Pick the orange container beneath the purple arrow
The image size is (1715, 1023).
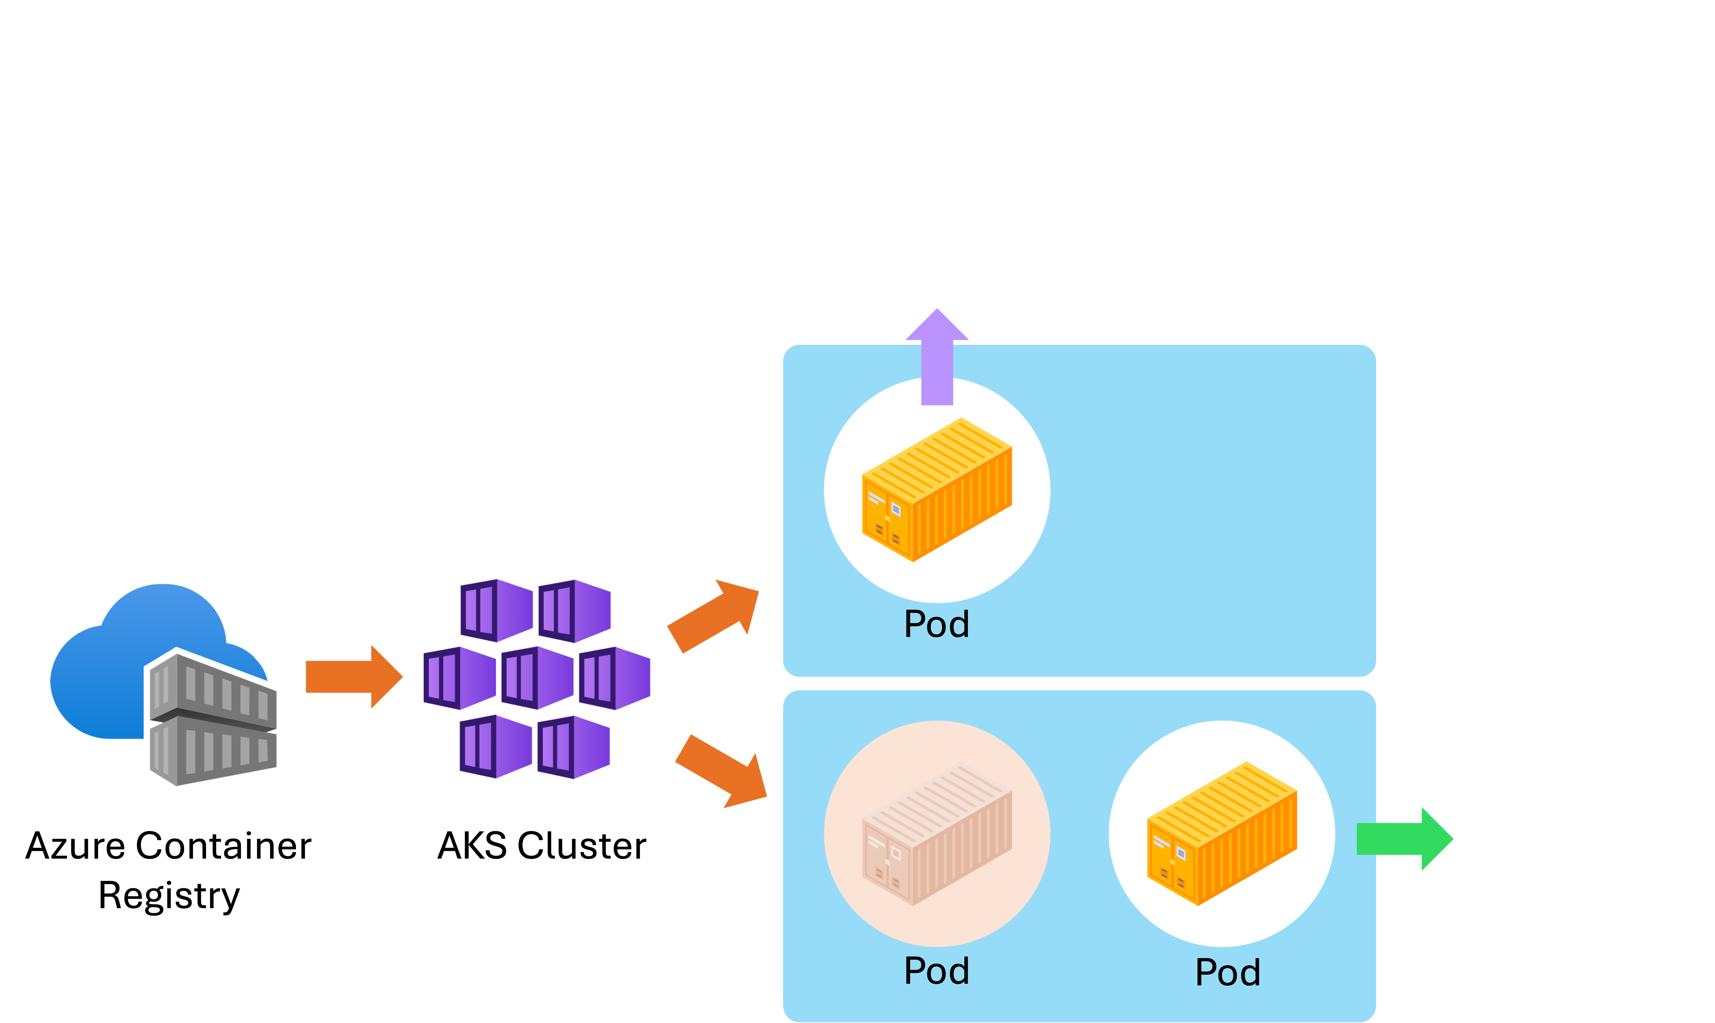(937, 489)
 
